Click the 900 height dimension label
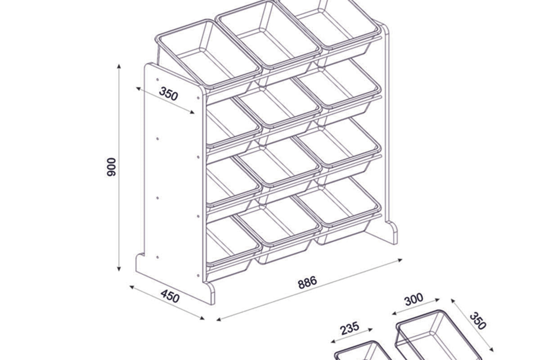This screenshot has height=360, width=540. pyautogui.click(x=112, y=167)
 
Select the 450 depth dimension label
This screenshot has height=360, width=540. pyautogui.click(x=170, y=296)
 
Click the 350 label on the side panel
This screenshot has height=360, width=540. pyautogui.click(x=168, y=94)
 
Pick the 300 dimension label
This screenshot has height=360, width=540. pyautogui.click(x=414, y=300)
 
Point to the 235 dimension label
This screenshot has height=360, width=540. pyautogui.click(x=350, y=328)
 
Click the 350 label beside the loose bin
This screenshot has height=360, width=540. pyautogui.click(x=478, y=321)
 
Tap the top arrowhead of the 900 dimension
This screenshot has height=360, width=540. pyautogui.click(x=119, y=66)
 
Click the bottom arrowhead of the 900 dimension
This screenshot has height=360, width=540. pyautogui.click(x=119, y=269)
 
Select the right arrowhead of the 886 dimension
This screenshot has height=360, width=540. pyautogui.click(x=400, y=260)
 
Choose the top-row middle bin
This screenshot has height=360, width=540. pyautogui.click(x=269, y=37)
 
